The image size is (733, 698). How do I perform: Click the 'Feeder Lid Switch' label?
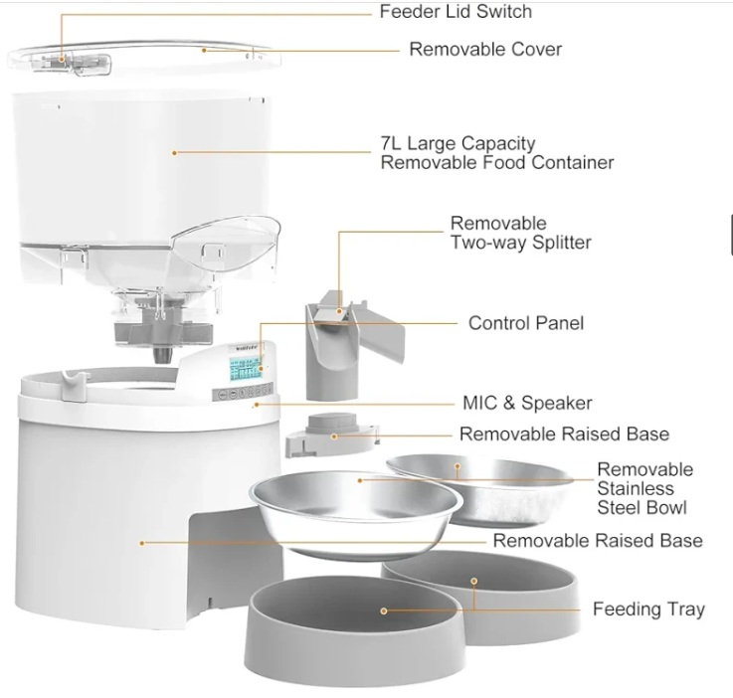tap(456, 12)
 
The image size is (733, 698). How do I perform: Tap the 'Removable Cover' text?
tap(485, 49)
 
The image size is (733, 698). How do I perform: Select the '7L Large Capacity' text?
tap(458, 143)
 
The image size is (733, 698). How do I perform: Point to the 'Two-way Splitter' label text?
tap(521, 242)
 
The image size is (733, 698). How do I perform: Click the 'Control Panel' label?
tap(526, 323)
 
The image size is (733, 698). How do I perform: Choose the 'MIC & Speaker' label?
tap(527, 403)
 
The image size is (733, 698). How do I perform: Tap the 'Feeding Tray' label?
tap(648, 609)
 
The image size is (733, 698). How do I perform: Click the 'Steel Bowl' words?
tap(641, 507)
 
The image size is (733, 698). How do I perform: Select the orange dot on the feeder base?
tap(143, 543)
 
